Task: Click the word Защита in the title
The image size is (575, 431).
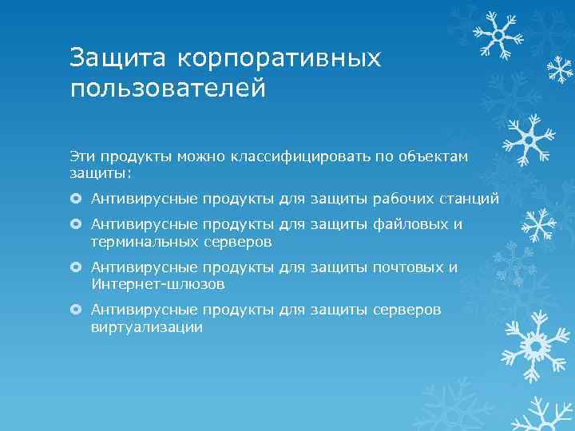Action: point(117,58)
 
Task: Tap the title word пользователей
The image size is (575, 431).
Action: point(167,87)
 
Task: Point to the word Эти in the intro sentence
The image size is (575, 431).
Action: point(81,157)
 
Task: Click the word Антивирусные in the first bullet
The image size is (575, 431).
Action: point(144,197)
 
